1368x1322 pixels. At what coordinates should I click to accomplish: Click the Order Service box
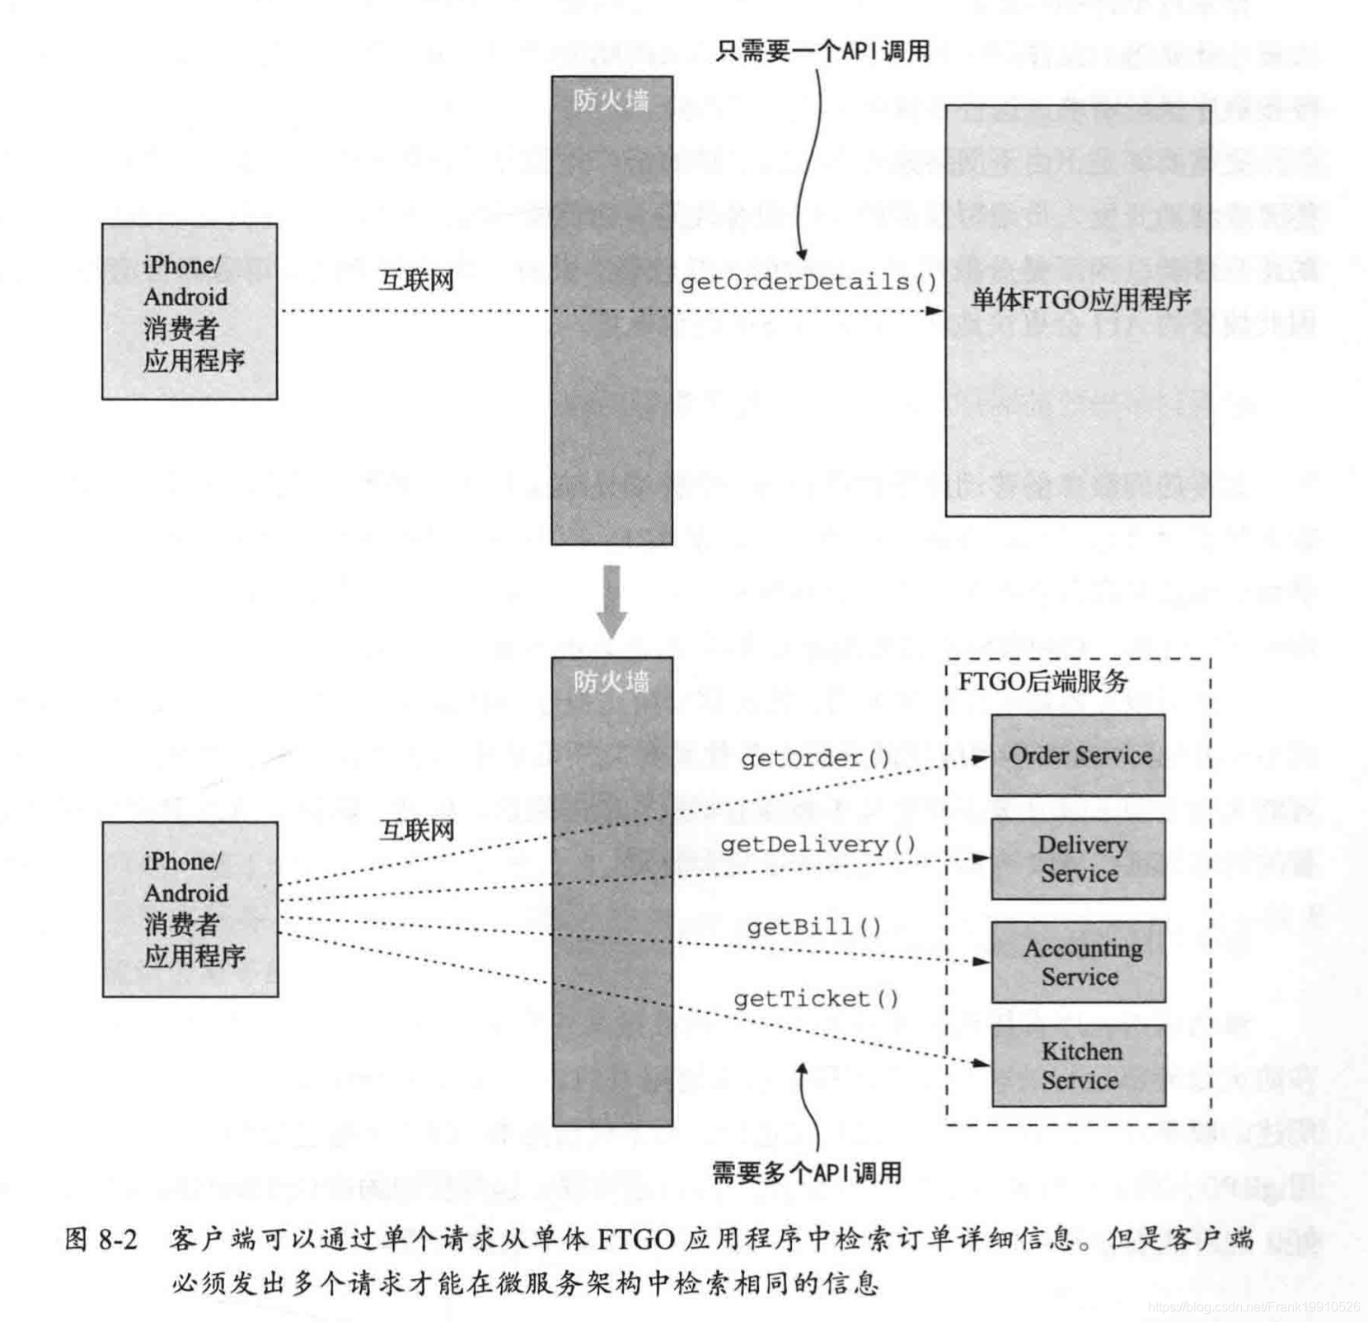1078,755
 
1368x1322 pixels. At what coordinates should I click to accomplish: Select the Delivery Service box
1078,859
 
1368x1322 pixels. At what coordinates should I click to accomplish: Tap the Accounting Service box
1078,962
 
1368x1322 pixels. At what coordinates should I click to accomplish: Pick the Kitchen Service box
1078,1065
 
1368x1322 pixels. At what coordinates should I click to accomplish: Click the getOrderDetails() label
808,283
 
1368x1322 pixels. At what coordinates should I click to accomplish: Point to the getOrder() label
815,758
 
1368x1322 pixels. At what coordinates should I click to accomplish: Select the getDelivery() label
818,845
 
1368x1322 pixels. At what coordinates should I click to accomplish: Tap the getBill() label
814,927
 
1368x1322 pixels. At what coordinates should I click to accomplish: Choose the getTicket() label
816,999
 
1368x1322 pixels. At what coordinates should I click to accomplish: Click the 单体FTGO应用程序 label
1080,299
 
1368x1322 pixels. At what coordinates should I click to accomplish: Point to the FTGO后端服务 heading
1042,682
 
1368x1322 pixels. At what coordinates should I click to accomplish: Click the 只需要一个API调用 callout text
822,51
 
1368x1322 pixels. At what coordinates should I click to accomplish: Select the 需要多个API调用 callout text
807,1172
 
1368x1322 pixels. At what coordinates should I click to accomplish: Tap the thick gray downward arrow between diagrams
611,600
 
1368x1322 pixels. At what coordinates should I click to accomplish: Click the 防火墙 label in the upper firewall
611,101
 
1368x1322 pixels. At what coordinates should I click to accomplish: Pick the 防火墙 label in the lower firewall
611,682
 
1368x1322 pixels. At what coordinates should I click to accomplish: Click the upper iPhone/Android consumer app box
190,312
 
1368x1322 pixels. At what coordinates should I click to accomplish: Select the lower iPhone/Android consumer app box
190,909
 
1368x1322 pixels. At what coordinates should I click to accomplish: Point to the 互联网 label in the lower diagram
417,829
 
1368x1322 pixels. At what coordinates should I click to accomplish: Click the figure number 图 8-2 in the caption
101,1239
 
